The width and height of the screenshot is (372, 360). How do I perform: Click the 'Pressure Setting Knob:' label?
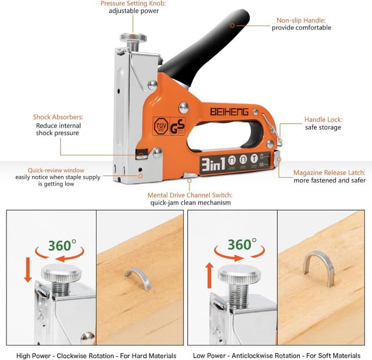[x=133, y=3]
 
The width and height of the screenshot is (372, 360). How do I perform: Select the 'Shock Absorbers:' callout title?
[x=58, y=117]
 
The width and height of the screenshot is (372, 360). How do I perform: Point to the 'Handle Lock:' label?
[x=323, y=120]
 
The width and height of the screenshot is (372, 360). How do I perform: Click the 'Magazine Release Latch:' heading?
[x=329, y=173]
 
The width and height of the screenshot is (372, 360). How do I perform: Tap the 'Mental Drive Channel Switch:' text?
[x=191, y=195]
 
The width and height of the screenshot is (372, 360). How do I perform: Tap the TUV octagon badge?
[x=160, y=126]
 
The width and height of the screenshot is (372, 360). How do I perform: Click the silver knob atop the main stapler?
[x=133, y=38]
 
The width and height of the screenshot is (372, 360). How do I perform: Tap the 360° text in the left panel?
[x=60, y=245]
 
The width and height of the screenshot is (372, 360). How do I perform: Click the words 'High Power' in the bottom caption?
[x=37, y=355]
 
